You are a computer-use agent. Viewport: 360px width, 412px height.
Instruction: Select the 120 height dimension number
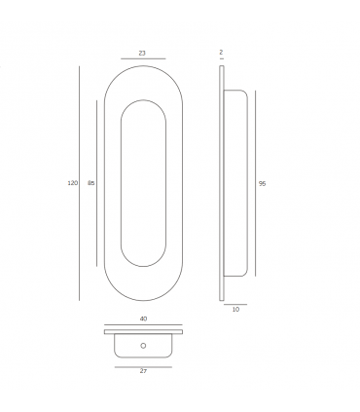click(72, 183)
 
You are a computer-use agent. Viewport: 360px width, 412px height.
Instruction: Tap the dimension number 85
click(90, 183)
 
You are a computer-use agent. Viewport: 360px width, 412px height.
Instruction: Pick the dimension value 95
click(263, 183)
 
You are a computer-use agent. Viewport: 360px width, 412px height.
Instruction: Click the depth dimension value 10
click(235, 311)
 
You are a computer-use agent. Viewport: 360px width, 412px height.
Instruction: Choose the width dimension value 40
click(143, 318)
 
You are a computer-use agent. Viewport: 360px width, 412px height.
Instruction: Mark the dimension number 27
click(143, 371)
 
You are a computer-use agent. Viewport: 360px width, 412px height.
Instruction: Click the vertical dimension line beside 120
click(80, 183)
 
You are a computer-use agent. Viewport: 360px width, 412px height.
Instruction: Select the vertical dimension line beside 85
click(98, 183)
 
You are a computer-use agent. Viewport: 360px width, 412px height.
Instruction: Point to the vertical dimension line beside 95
click(254, 183)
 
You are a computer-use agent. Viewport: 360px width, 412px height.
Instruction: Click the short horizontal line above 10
click(235, 304)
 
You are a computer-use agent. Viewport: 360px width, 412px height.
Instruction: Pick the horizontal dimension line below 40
click(143, 325)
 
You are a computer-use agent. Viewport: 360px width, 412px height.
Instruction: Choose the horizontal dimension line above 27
click(143, 364)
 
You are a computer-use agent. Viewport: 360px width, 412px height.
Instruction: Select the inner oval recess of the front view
click(142, 183)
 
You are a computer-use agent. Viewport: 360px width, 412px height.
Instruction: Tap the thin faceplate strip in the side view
click(223, 183)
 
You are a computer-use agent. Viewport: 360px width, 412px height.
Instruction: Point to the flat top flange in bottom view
click(143, 333)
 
